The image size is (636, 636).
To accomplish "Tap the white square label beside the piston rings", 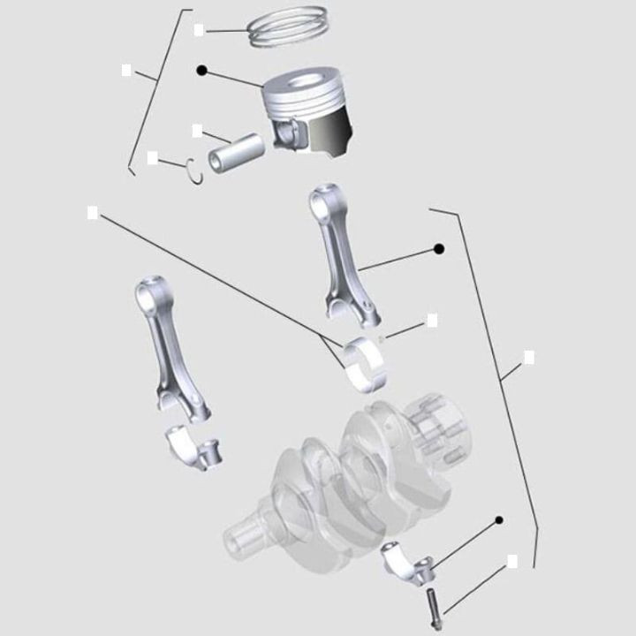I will pyautogui.click(x=199, y=29).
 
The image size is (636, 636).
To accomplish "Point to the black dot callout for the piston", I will pyautogui.click(x=201, y=70).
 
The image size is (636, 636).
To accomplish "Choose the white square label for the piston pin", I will pyautogui.click(x=197, y=130).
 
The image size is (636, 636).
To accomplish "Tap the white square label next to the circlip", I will pyautogui.click(x=153, y=157).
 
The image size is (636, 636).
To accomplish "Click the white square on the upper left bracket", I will pyautogui.click(x=127, y=69).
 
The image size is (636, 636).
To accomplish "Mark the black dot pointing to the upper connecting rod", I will pyautogui.click(x=439, y=249).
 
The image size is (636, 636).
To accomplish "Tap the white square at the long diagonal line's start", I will pyautogui.click(x=92, y=212).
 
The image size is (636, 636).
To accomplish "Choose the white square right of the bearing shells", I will pyautogui.click(x=432, y=320).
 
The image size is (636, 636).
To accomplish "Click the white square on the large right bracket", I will pyautogui.click(x=529, y=357).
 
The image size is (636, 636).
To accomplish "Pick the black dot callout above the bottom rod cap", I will pyautogui.click(x=499, y=520).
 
